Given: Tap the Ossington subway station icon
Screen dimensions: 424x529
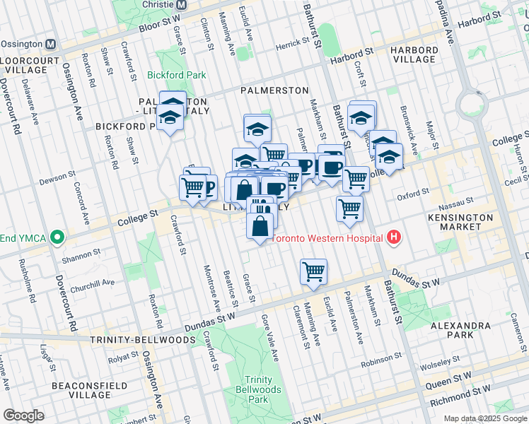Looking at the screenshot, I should pos(50,44).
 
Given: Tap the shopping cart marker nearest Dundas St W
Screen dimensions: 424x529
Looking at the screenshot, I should pos(313,271).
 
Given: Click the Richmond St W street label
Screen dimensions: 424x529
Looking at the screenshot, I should pos(463,389).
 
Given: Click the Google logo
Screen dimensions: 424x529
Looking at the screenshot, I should pos(23,416).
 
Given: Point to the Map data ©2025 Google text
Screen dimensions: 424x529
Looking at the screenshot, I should pos(484,418).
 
